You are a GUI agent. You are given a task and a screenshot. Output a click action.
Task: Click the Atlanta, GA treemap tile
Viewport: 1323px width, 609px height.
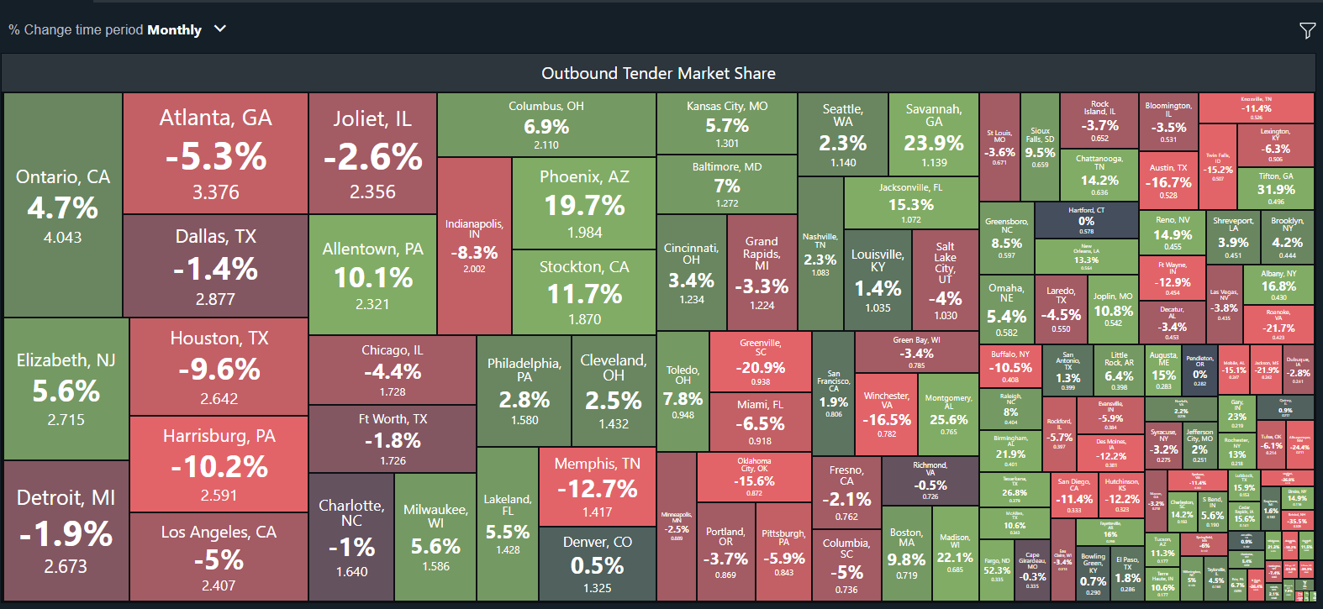point(215,153)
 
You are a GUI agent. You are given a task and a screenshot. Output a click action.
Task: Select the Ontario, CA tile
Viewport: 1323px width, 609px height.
point(63,206)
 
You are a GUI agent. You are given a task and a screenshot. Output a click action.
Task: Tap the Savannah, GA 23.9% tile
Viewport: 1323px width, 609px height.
point(933,134)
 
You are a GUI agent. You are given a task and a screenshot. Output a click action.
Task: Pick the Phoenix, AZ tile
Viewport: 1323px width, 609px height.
point(584,203)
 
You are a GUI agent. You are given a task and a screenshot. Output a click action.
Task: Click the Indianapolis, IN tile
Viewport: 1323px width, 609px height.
point(474,246)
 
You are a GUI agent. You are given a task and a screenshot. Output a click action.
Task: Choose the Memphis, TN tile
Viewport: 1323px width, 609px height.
point(597,486)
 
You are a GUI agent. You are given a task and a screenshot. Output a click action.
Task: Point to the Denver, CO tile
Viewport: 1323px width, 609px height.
point(597,564)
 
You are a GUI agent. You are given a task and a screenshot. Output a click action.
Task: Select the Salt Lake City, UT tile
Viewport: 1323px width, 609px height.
point(945,281)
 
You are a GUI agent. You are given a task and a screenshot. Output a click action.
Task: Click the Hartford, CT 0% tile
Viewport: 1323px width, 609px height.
point(1086,220)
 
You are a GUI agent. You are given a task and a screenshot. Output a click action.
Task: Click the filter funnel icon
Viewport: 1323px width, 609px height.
point(1307,31)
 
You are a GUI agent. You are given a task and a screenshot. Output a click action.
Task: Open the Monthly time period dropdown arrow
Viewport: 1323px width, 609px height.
point(220,29)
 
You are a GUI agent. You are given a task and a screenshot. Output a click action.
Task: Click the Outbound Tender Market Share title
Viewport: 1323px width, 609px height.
point(658,74)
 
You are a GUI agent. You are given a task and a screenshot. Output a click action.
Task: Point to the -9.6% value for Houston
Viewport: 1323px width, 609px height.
point(219,369)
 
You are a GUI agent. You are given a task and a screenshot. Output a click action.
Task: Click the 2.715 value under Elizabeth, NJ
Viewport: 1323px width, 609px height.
point(66,419)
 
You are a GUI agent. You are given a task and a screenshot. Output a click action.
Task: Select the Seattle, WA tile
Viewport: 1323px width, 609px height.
point(842,134)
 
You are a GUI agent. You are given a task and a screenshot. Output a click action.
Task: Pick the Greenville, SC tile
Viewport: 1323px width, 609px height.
point(760,360)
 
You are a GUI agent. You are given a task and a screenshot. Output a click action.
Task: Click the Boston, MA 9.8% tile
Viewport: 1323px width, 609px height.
point(906,554)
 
